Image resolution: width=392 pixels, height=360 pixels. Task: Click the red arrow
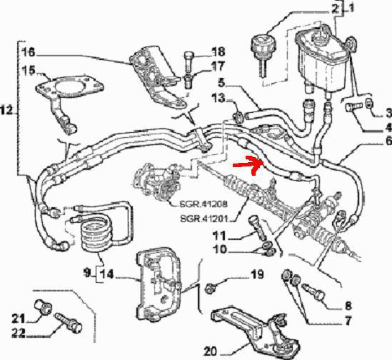pyautogui.click(x=248, y=164)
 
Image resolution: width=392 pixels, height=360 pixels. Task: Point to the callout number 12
pyautogui.click(x=6, y=110)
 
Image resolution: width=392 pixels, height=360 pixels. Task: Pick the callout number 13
pyautogui.click(x=218, y=99)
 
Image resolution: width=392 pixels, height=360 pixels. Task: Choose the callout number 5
pyautogui.click(x=222, y=83)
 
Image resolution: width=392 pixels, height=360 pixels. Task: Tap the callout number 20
pyautogui.click(x=210, y=352)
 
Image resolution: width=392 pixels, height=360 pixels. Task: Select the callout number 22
pyautogui.click(x=19, y=334)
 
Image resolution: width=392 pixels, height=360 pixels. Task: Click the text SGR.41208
pyautogui.click(x=203, y=204)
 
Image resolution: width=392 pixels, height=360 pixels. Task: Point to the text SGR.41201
pyautogui.click(x=204, y=219)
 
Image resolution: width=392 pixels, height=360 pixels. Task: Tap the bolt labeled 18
pyautogui.click(x=189, y=60)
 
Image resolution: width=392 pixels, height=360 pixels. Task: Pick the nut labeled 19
pyautogui.click(x=209, y=289)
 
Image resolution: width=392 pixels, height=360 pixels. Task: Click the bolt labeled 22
pyautogui.click(x=69, y=323)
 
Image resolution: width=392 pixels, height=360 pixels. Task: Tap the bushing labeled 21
pyautogui.click(x=42, y=306)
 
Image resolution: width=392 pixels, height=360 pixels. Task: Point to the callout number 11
pyautogui.click(x=219, y=236)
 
